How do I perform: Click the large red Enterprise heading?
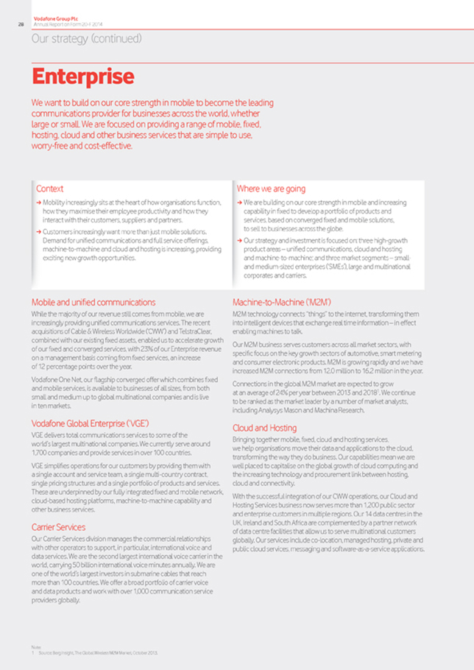82,76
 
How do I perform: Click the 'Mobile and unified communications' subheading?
93,302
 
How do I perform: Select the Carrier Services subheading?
58,526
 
